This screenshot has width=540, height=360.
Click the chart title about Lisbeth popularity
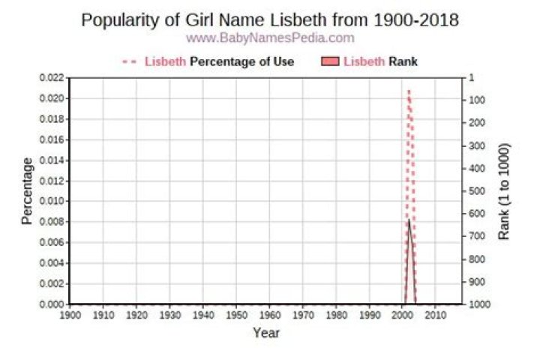coord(269,20)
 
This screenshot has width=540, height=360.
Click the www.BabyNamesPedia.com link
coord(269,37)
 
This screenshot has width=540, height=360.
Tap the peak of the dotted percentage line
coord(409,90)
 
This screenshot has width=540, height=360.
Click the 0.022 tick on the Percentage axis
coord(52,78)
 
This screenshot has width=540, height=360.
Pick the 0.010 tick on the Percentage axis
coord(52,202)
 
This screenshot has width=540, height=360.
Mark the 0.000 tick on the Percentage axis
coord(52,304)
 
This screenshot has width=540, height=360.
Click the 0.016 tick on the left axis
coord(52,140)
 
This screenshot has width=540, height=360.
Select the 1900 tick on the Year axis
coord(70,315)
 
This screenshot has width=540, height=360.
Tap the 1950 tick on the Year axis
coord(236,315)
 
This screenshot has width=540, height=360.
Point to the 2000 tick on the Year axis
coord(402,315)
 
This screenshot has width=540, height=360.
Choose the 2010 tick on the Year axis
coord(436,315)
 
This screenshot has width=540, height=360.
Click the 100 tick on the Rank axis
coord(476,100)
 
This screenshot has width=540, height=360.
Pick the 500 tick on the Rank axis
coord(476,191)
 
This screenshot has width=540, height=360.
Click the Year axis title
coord(265,332)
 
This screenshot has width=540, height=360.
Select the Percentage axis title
coord(27,191)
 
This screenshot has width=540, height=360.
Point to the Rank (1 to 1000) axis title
coord(504,191)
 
